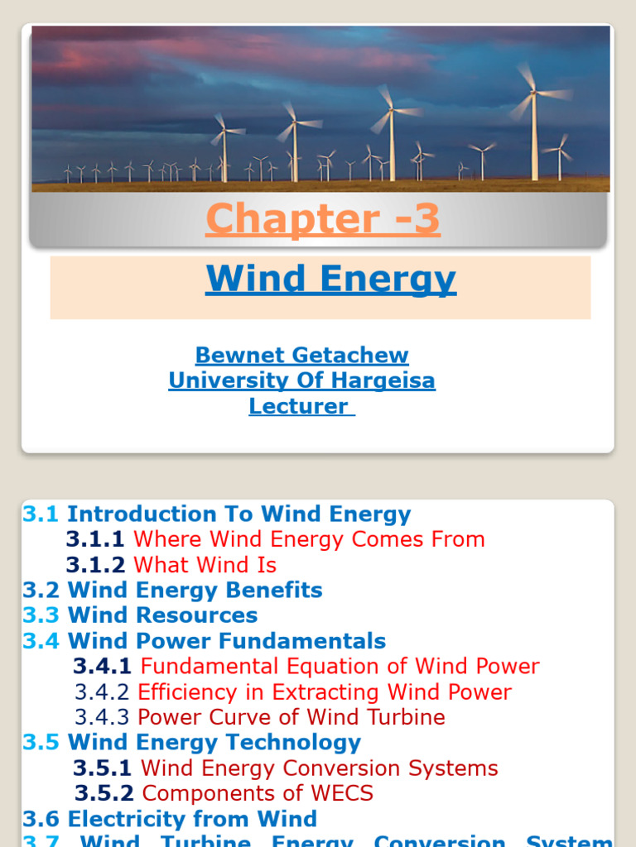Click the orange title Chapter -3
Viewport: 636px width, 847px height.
click(x=322, y=219)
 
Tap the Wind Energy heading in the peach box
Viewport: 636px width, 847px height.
click(x=330, y=280)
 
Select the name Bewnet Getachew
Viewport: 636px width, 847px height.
click(x=301, y=356)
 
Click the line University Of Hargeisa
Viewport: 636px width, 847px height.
click(x=301, y=380)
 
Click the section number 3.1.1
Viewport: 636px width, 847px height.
click(x=95, y=539)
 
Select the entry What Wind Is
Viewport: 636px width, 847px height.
click(x=205, y=565)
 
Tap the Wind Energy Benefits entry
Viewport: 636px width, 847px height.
click(x=195, y=591)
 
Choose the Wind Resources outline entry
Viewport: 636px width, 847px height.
click(x=162, y=615)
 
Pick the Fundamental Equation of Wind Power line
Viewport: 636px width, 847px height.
click(x=340, y=667)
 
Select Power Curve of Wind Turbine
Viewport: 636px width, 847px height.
click(x=291, y=717)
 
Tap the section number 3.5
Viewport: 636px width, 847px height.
click(x=41, y=743)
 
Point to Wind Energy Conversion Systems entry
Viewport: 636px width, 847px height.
click(x=319, y=768)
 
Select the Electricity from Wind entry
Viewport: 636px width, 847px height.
click(x=192, y=820)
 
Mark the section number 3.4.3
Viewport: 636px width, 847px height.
click(x=102, y=717)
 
